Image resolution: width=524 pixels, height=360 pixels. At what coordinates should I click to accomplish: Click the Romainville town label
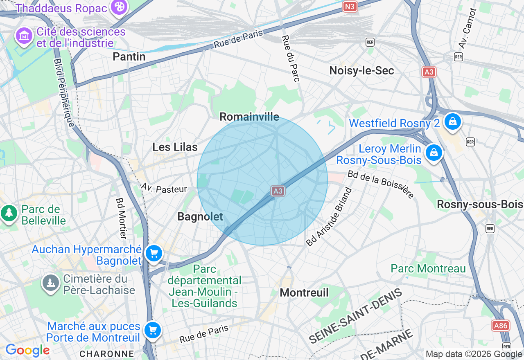click(x=249, y=117)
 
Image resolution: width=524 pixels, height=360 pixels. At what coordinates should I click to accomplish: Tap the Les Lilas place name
click(x=175, y=147)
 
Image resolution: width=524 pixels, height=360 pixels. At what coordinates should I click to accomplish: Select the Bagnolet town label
click(x=200, y=217)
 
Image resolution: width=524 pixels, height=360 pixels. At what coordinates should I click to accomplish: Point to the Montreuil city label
click(x=304, y=292)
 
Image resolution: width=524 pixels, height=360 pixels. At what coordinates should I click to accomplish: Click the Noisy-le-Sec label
click(x=361, y=71)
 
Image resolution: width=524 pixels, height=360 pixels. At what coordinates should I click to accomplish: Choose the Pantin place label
click(x=129, y=56)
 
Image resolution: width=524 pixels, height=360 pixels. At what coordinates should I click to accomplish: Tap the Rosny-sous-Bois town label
click(x=480, y=204)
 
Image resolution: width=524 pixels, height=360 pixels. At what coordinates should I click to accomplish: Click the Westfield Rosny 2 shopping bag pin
click(x=452, y=122)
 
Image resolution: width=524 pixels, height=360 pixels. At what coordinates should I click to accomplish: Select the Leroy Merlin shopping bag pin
click(x=434, y=153)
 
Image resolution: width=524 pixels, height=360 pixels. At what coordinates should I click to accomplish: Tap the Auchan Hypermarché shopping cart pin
click(x=154, y=254)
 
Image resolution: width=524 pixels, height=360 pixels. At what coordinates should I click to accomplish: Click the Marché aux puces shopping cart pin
click(x=152, y=330)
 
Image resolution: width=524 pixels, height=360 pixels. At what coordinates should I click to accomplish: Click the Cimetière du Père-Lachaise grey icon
click(x=51, y=283)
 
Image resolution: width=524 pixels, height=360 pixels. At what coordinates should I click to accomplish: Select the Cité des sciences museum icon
click(x=24, y=36)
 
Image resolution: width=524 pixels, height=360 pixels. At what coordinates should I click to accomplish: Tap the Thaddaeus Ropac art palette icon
click(x=119, y=7)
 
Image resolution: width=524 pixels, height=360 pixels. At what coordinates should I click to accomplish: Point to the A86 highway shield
click(x=501, y=325)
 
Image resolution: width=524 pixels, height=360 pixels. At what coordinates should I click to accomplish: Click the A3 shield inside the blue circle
click(x=278, y=191)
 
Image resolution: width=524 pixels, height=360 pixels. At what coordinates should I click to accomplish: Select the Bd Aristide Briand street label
click(x=329, y=217)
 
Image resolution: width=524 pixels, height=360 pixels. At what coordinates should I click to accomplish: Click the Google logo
click(x=27, y=350)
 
